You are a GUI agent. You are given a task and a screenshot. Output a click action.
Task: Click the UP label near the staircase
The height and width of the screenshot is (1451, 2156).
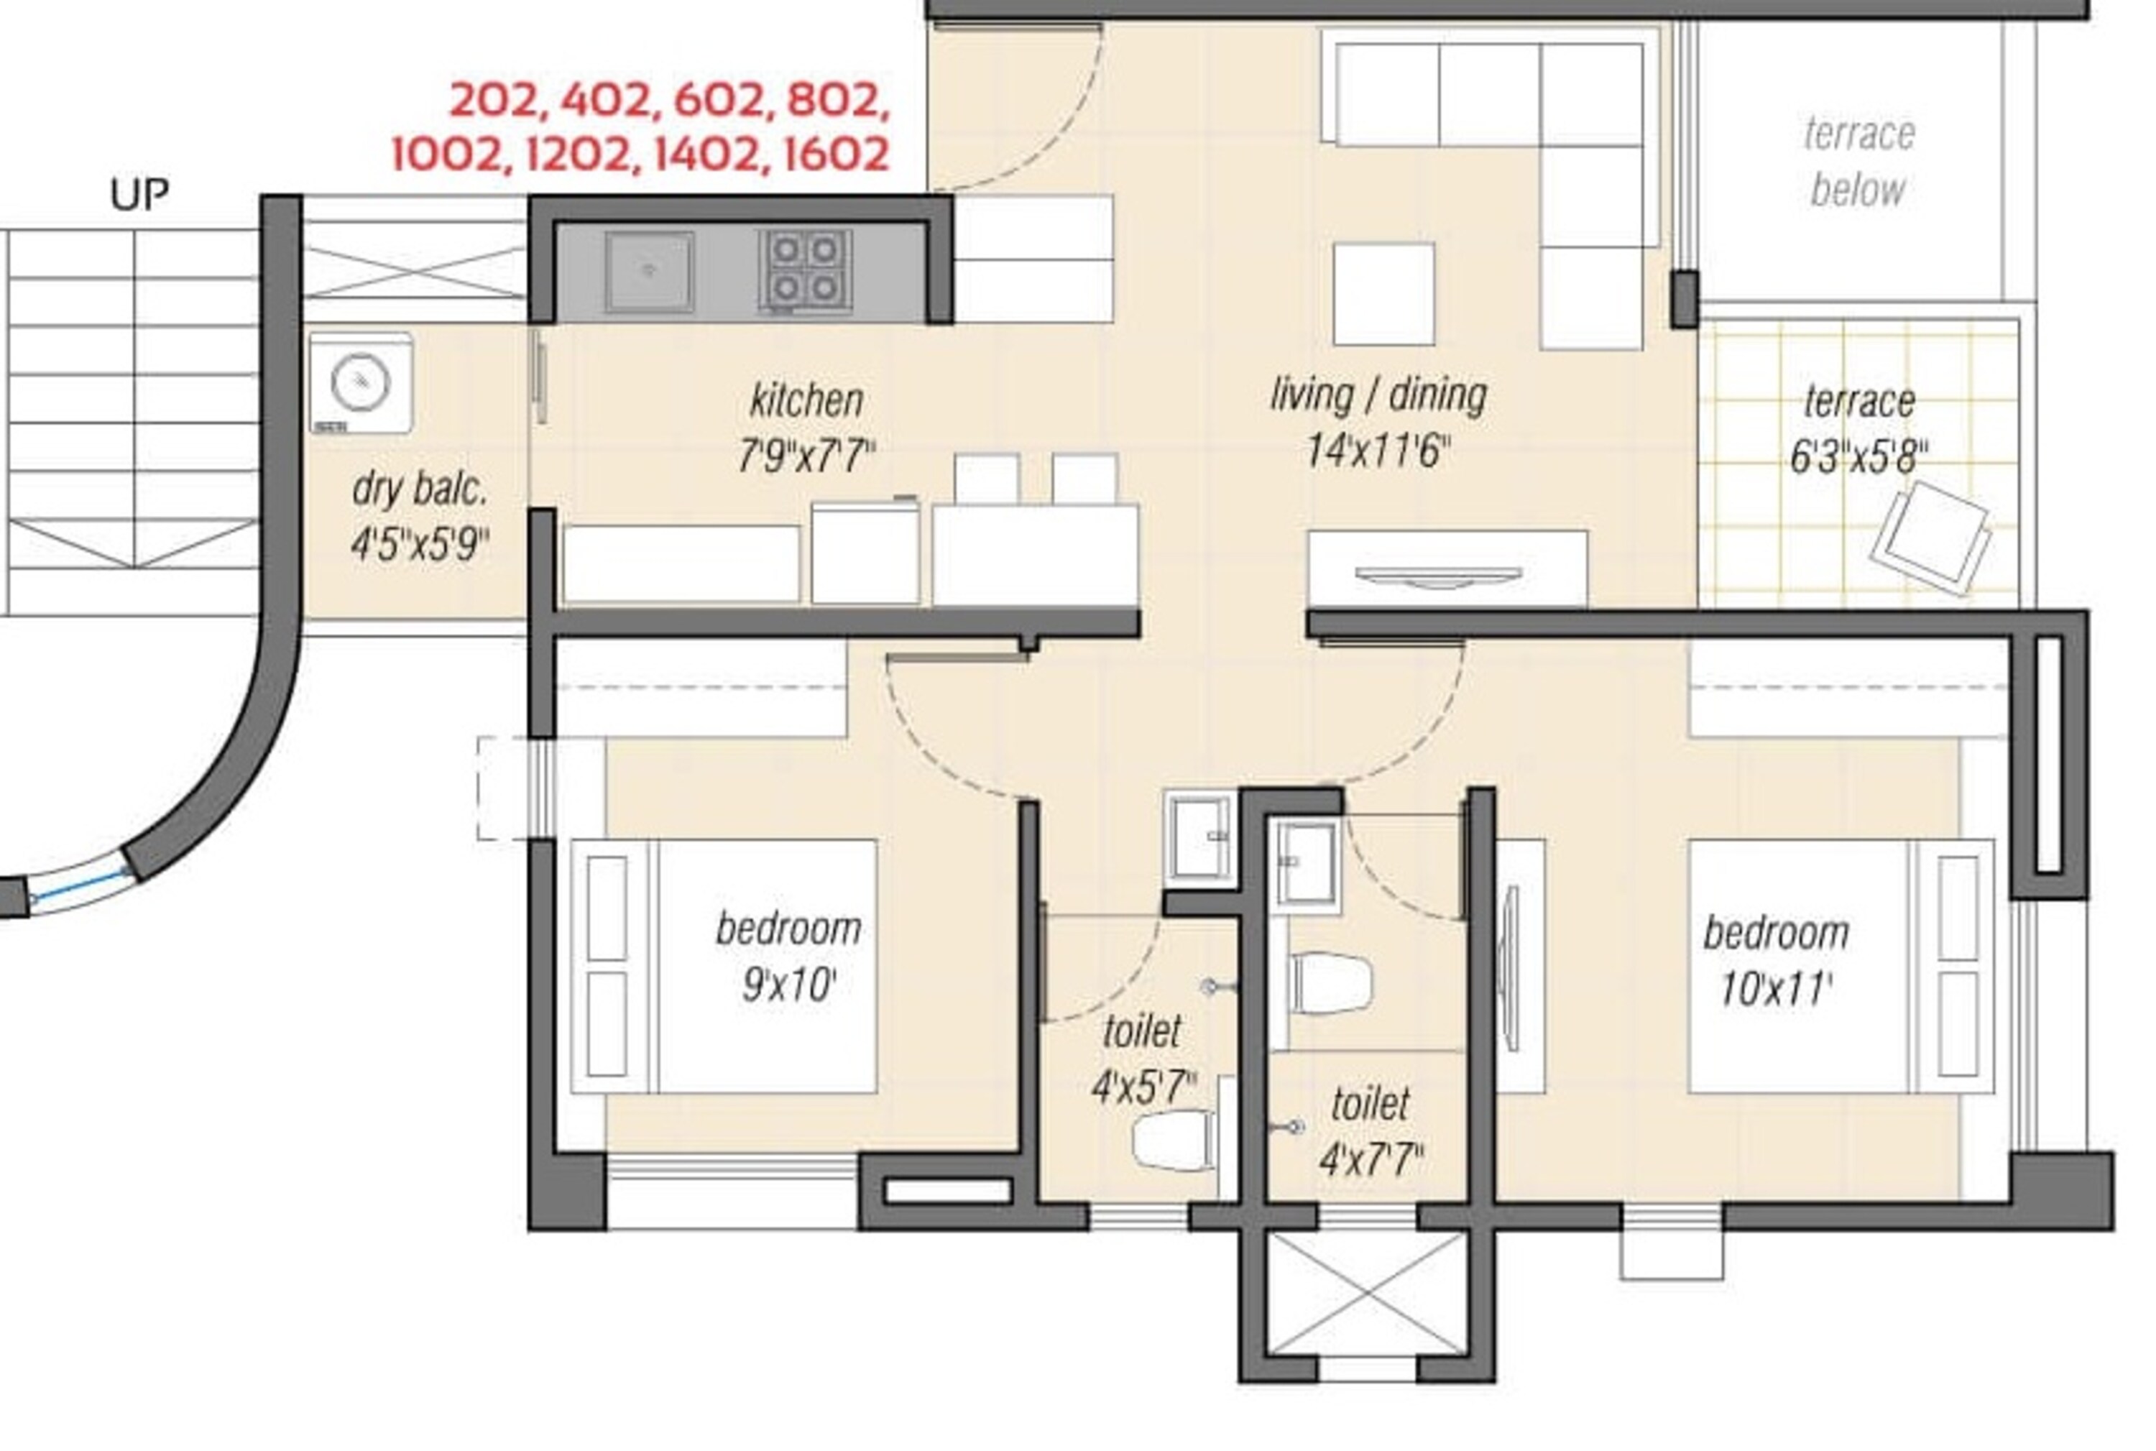(139, 194)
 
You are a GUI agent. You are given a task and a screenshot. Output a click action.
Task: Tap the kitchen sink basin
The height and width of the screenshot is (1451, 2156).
(649, 271)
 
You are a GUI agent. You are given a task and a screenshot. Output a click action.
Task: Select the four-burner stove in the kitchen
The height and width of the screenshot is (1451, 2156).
(805, 270)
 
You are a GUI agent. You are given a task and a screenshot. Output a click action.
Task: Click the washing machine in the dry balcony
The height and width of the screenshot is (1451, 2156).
(361, 383)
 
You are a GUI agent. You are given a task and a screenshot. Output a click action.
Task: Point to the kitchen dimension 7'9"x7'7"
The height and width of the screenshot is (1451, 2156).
(806, 456)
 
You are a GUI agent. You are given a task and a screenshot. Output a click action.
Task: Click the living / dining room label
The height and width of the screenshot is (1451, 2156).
(1378, 395)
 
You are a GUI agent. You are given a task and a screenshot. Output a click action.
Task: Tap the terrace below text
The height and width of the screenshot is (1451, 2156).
(1858, 162)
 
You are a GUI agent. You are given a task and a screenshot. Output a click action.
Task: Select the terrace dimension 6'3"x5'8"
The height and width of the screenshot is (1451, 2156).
(1858, 457)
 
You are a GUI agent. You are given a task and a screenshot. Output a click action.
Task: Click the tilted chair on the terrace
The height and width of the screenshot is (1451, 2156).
(1930, 538)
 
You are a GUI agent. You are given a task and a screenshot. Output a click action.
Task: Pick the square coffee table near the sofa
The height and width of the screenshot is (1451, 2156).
(1383, 293)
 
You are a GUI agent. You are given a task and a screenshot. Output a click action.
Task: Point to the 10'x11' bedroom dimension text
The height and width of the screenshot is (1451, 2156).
(1775, 989)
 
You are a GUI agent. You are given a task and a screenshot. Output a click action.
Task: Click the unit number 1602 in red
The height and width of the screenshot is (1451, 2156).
(836, 155)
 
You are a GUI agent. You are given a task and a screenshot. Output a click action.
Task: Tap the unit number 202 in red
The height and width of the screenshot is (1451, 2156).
(493, 101)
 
